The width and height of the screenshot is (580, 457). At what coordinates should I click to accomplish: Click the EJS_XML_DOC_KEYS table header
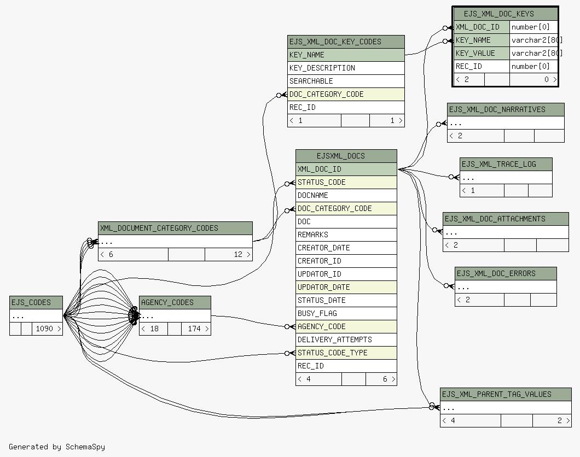click(506, 14)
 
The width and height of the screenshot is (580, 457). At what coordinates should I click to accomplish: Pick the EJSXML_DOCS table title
click(346, 156)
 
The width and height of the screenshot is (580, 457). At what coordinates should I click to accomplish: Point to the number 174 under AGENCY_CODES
click(195, 329)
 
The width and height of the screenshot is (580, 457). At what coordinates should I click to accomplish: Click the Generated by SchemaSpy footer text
click(57, 447)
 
